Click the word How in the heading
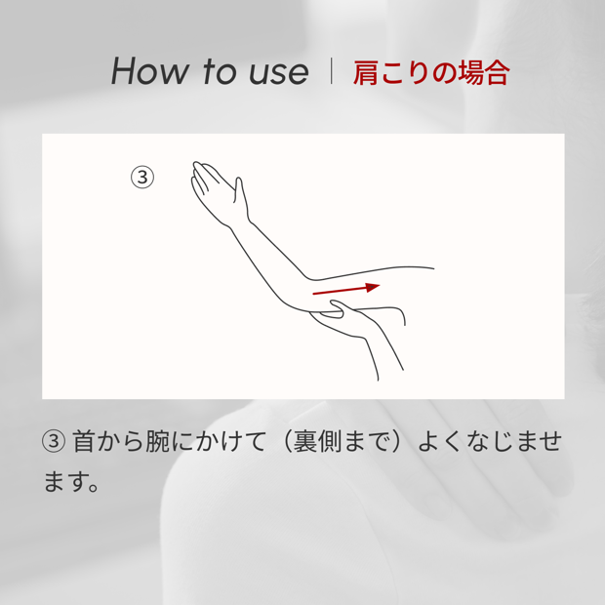point(149,70)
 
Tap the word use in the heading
point(278,72)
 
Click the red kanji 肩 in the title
point(366,72)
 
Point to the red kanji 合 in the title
point(497,72)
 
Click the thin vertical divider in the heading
point(331,70)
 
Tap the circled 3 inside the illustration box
point(142,177)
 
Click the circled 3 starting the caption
point(54,441)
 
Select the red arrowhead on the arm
point(373,287)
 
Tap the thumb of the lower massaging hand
point(337,307)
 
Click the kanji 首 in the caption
point(84,441)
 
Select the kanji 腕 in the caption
point(157,441)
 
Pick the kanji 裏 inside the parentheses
point(304,441)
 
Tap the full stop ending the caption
point(93,487)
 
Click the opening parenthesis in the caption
point(285,441)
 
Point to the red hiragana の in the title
point(445,73)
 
